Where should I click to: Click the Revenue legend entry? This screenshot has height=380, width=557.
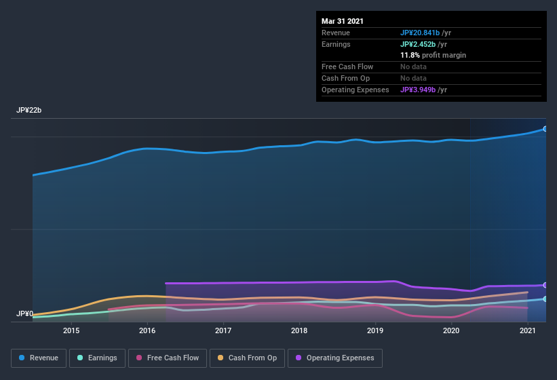point(39,358)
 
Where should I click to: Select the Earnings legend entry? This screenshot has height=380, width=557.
point(97,358)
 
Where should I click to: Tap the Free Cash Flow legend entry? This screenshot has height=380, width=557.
point(168,358)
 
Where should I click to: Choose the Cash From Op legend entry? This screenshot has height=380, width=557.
point(246,358)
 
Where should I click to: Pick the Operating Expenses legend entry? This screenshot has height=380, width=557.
point(334,358)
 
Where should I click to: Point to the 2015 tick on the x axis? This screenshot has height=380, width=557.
point(71,330)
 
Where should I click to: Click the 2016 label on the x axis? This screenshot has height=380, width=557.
point(147,330)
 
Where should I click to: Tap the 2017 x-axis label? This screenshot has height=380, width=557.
point(223,330)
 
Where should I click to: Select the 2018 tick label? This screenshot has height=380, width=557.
point(299,330)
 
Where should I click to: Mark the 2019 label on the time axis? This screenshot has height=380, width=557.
point(375,330)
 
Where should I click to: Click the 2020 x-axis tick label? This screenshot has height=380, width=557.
point(451,330)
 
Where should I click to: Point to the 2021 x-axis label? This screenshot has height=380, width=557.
point(527,330)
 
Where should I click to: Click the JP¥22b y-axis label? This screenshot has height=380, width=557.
point(29,110)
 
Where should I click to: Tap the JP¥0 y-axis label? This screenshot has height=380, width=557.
point(24,313)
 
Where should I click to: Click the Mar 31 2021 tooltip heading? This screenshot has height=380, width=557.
point(343,21)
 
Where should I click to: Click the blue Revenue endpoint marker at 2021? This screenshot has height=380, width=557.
point(545,128)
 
